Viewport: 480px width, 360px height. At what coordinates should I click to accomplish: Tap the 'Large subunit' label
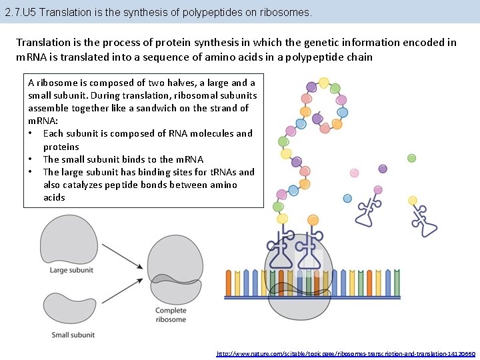[x=72, y=270]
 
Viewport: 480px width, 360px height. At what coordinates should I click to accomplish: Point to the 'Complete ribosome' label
[x=171, y=315]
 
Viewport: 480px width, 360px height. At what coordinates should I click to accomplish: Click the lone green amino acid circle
[x=412, y=158]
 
